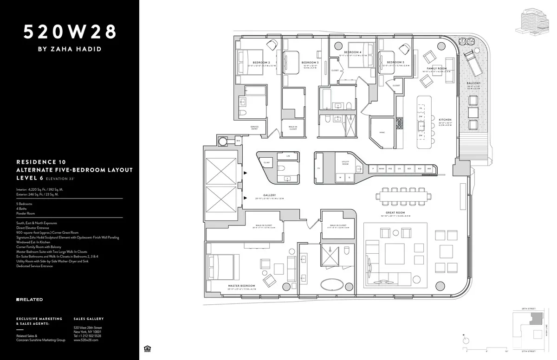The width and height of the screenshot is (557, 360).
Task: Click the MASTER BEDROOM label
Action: click(x=241, y=286)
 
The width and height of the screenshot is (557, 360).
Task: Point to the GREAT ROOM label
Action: click(x=395, y=212)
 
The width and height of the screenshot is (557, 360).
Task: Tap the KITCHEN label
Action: click(x=445, y=120)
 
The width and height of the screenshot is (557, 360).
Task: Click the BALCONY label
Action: click(x=473, y=84)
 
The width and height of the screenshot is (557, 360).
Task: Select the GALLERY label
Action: click(x=269, y=195)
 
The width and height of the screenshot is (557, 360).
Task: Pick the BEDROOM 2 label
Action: click(x=261, y=63)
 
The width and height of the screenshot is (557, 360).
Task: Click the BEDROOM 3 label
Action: click(x=310, y=63)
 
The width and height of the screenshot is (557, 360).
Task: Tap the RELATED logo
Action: click(x=29, y=300)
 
